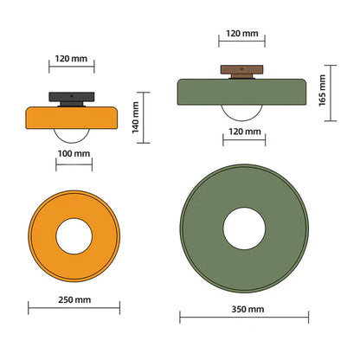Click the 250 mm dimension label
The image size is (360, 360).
[74, 299]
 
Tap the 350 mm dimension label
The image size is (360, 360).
[247, 309]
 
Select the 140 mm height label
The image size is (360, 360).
[136, 118]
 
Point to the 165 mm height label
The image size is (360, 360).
[322, 91]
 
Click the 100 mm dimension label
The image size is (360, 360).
[74, 153]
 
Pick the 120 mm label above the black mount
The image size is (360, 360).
[71, 59]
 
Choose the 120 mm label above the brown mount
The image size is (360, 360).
[242, 34]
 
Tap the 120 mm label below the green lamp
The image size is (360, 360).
[245, 132]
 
